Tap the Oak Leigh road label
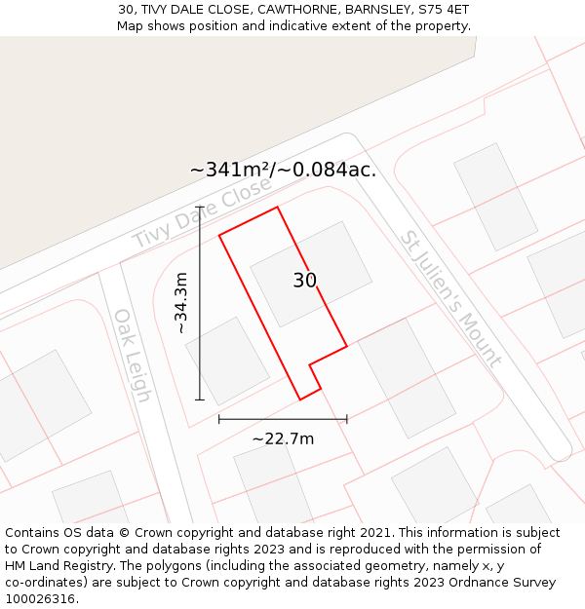pos(132,356)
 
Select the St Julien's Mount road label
pos(449,297)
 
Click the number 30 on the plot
pos(305,281)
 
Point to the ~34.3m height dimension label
pos(181,303)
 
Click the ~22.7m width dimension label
pos(283,438)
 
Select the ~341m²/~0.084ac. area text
pos(283,170)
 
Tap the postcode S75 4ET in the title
pos(439,9)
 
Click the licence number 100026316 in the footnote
pos(40,598)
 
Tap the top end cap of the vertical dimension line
pos(200,207)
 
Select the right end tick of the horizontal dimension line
pos(347,419)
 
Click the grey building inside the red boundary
pos(311,274)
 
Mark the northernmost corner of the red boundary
pos(278,207)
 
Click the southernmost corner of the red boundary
pos(300,400)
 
